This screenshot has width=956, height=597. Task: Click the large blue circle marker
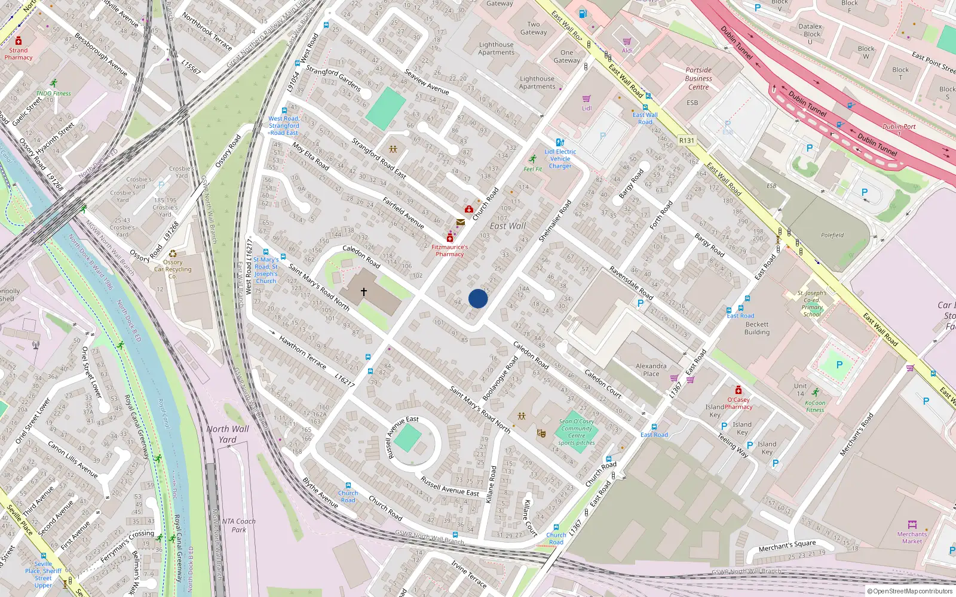(478, 298)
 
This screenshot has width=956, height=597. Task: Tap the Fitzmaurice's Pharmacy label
(449, 250)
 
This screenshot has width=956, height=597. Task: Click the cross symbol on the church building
(363, 292)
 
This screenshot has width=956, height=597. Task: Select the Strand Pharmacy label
(19, 54)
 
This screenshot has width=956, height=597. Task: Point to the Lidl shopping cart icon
(586, 99)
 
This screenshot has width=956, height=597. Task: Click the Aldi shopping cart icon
(627, 42)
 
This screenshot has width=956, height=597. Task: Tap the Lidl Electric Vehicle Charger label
(560, 159)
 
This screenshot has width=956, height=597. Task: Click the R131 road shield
(687, 141)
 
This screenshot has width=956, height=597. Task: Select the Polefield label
(832, 235)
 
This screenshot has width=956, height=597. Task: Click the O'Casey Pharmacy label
(739, 403)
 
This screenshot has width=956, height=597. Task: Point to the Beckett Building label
(757, 328)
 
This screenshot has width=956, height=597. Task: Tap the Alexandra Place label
(651, 370)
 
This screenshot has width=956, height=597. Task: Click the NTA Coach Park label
(238, 525)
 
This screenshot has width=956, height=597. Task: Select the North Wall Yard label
(228, 434)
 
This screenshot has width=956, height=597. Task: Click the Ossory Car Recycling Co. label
(173, 269)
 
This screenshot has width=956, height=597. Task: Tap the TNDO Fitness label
(53, 94)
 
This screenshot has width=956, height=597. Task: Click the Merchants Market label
(912, 537)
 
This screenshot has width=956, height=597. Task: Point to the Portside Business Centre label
(698, 78)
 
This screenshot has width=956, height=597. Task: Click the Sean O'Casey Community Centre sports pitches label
(577, 432)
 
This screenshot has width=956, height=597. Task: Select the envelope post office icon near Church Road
(460, 222)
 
